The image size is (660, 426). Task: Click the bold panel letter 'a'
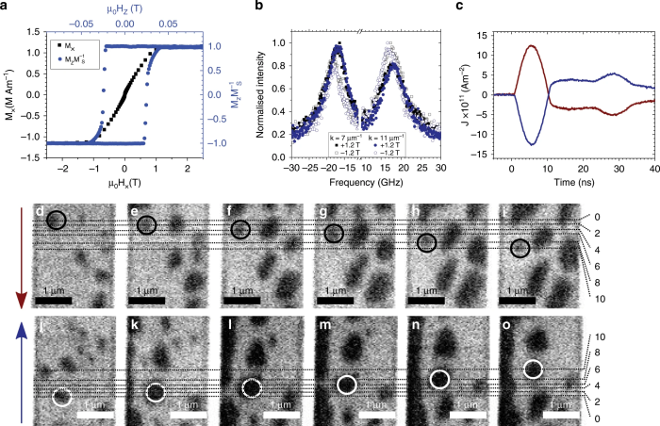[x=7, y=8]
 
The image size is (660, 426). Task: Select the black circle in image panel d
[x=56, y=221]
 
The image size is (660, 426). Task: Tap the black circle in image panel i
[x=520, y=248]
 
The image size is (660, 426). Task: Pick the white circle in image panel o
[x=534, y=369]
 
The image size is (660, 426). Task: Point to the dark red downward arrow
[x=11, y=264]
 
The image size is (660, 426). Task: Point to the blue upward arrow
[x=11, y=368]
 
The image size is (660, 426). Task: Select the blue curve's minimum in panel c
[x=534, y=144]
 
